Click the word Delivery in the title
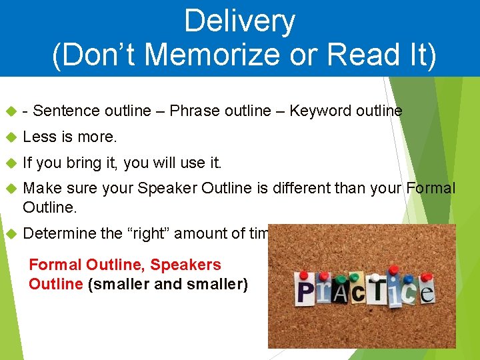click(239, 21)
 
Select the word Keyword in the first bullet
click(317, 111)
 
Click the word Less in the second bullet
click(39, 137)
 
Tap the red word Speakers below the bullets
click(185, 265)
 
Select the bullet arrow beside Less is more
click(10, 137)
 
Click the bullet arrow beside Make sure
click(10, 188)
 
